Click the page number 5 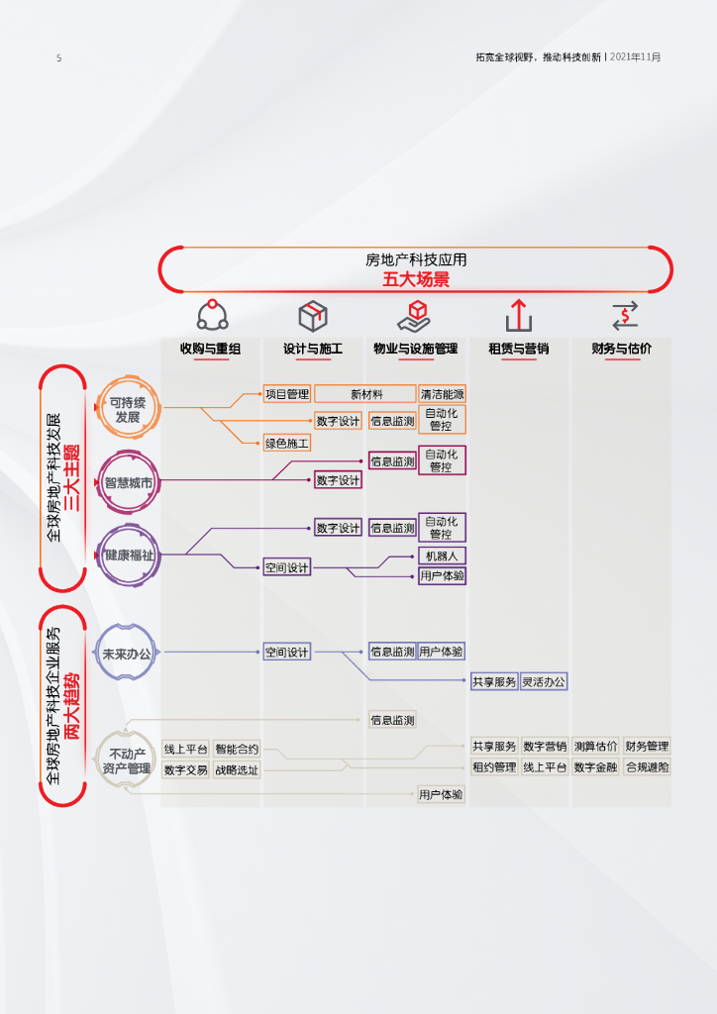point(58,58)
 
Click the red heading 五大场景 point(416,280)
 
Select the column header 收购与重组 point(211,349)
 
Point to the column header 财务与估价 point(622,349)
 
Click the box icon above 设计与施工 point(313,316)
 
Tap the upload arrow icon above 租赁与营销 point(519,316)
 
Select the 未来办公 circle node point(127,655)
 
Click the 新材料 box point(365,394)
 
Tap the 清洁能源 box point(442,394)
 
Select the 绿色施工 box point(287,443)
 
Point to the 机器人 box point(442,557)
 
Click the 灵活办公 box point(544,681)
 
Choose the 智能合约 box point(237,750)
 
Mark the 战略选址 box point(237,769)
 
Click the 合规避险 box point(647,766)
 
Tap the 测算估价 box point(595,746)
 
